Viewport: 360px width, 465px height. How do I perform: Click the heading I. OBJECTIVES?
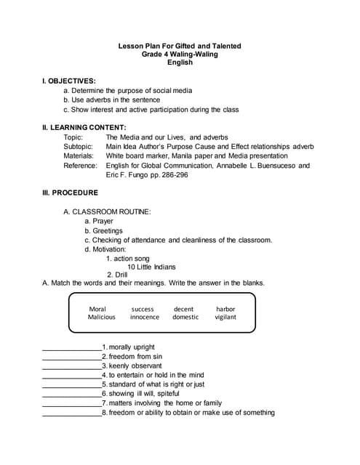pos(69,81)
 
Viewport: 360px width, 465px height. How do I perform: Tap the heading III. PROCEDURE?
pos(70,193)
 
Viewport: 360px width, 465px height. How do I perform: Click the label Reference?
pos(80,166)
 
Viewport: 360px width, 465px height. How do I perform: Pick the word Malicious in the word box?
pos(102,317)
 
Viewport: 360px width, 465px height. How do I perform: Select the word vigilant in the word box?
pos(225,317)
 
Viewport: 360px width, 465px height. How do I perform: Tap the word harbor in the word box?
pos(225,308)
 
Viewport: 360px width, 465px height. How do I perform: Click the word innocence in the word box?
pos(145,317)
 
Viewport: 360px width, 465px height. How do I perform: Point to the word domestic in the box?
pos(185,317)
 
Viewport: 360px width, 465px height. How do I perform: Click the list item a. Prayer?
pos(99,221)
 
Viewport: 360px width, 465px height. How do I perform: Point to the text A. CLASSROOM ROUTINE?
pos(107,211)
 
